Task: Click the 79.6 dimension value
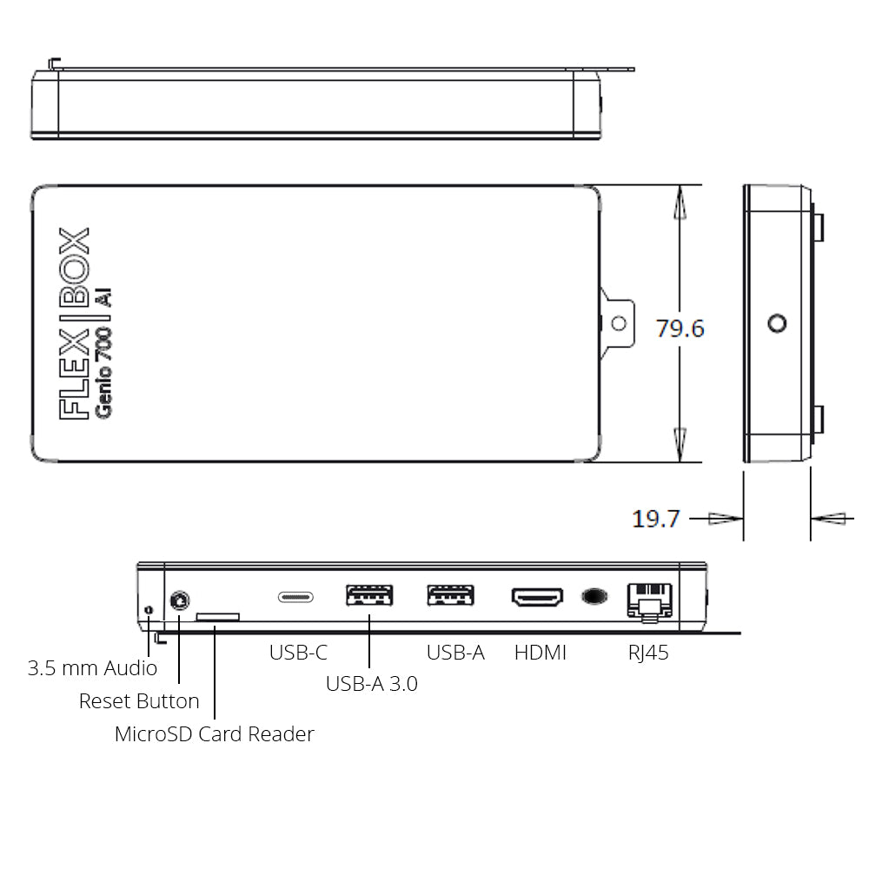pos(680,328)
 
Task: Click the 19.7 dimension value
pos(655,520)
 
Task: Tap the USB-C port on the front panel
pos(296,597)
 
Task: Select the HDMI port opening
pos(537,597)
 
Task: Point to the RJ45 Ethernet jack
pos(649,602)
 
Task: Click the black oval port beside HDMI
pos(594,596)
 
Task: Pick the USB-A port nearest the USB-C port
pos(369,596)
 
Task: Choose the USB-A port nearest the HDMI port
pos(450,595)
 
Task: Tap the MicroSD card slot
pos(218,617)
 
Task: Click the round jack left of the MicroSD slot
pos(179,600)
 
